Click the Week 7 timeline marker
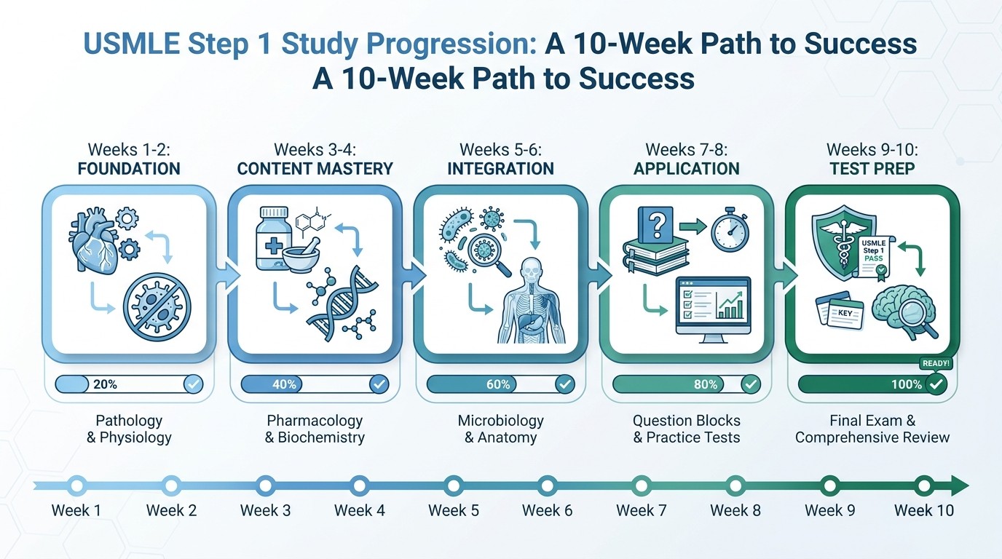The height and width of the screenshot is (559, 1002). pos(642,485)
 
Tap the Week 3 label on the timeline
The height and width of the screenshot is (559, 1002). pos(265,510)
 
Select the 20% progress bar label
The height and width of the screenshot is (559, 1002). pos(105,384)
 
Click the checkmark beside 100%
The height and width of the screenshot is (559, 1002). pos(936,384)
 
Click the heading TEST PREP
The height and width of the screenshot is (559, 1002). pos(872,169)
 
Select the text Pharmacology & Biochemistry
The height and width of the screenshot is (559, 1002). pos(315,429)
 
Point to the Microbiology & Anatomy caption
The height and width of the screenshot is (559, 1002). pos(500,429)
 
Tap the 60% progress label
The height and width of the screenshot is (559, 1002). pos(498,384)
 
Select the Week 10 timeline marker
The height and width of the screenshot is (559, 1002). pos(923,485)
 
